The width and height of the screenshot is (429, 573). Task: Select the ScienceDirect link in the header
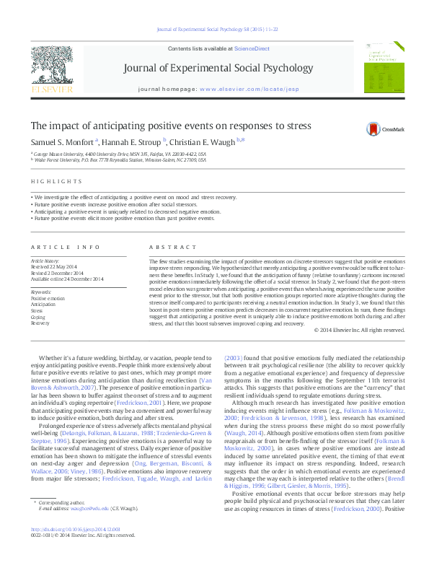(252, 48)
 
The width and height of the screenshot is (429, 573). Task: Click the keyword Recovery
(40, 323)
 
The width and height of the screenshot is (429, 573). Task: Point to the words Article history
(46, 259)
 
